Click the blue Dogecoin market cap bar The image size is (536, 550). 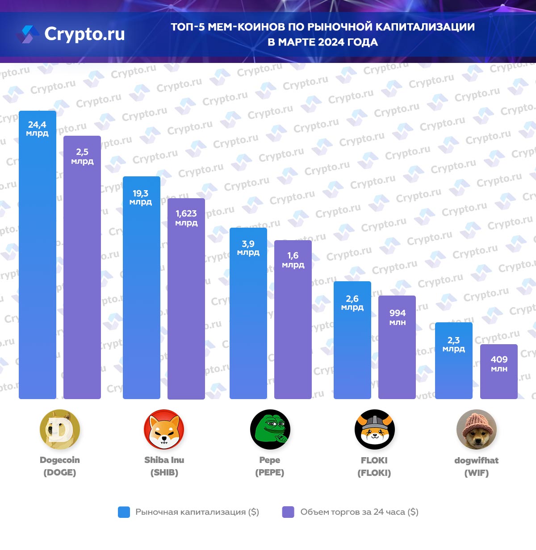tap(38, 268)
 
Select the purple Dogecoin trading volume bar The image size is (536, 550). tap(82, 277)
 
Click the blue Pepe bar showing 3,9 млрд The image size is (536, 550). tap(248, 321)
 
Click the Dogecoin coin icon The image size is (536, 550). tap(60, 429)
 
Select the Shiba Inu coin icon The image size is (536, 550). tap(164, 429)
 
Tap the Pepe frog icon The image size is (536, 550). tap(270, 429)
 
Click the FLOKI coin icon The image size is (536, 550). tap(374, 429)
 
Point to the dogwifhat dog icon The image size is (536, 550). tap(476, 429)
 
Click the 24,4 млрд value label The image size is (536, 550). tap(37, 129)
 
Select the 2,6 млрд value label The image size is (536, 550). tap(352, 303)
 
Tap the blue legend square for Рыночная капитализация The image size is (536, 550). tap(124, 512)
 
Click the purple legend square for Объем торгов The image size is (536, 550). tap(288, 512)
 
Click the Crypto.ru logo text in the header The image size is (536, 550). tap(84, 34)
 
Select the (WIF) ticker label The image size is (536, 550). tap(476, 473)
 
